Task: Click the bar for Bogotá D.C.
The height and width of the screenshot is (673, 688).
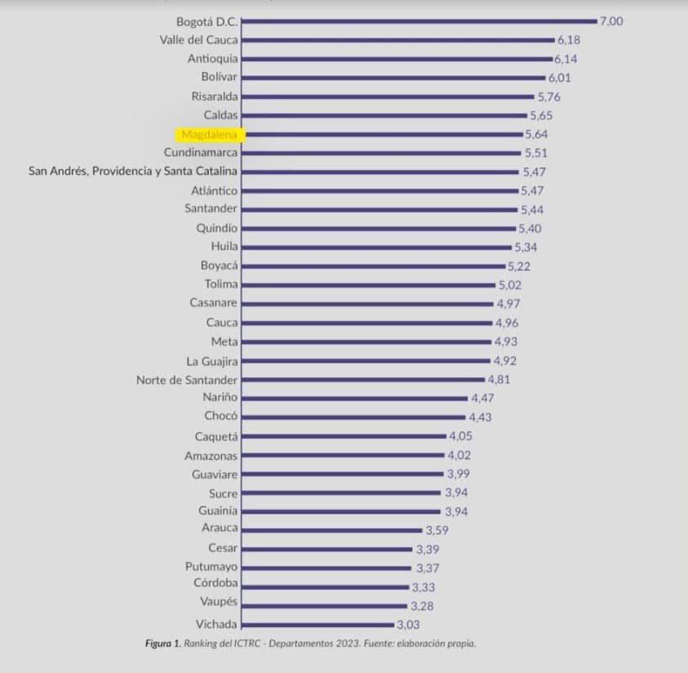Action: [419, 21]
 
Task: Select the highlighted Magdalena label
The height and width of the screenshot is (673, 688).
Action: [209, 134]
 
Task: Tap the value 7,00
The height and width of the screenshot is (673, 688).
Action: [611, 21]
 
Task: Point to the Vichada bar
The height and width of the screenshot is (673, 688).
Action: [318, 625]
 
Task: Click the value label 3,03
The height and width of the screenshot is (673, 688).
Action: [408, 625]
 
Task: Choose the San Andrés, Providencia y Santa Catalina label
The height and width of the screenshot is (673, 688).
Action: [133, 172]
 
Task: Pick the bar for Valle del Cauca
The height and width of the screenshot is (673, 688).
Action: [398, 39]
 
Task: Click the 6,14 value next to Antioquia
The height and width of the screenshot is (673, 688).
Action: [566, 59]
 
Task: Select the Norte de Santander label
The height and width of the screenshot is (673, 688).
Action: [187, 380]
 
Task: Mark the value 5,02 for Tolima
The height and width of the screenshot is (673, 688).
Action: [510, 285]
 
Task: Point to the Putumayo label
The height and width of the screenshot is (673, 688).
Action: [211, 566]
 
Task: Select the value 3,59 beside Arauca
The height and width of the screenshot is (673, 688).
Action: [437, 530]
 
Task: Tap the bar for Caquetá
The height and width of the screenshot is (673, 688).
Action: [344, 436]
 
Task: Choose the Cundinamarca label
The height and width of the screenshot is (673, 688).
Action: [201, 153]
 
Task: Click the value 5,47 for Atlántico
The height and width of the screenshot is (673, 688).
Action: [532, 190]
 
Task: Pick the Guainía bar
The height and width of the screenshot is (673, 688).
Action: [342, 511]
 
